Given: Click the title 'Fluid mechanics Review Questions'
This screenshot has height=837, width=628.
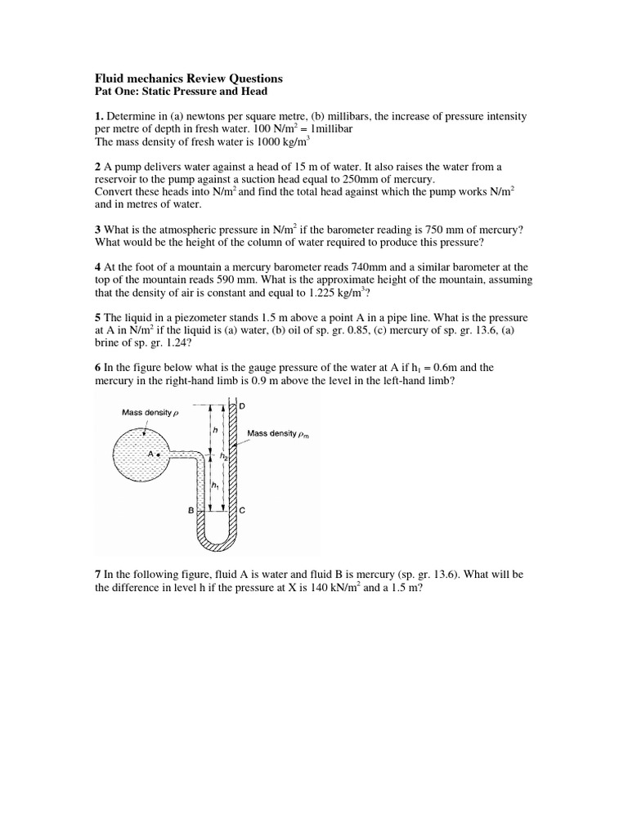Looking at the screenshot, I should click(189, 78).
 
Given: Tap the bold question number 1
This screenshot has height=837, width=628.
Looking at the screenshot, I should click(100, 117).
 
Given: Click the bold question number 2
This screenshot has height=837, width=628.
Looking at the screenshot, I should click(98, 167).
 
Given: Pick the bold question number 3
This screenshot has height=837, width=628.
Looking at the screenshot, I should click(98, 230).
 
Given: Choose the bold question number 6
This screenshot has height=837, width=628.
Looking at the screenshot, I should click(98, 368).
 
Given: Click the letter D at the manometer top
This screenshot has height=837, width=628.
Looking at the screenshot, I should click(242, 406).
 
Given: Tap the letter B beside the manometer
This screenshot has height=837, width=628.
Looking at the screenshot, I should click(191, 510).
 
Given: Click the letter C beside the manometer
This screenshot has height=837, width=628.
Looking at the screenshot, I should click(242, 510).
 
